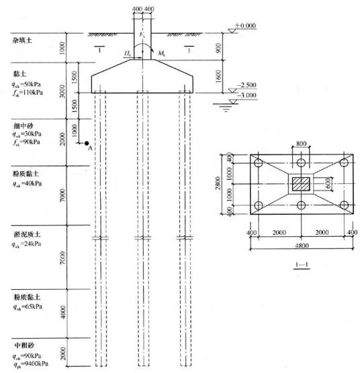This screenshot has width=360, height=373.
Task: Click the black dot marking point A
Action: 87,143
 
